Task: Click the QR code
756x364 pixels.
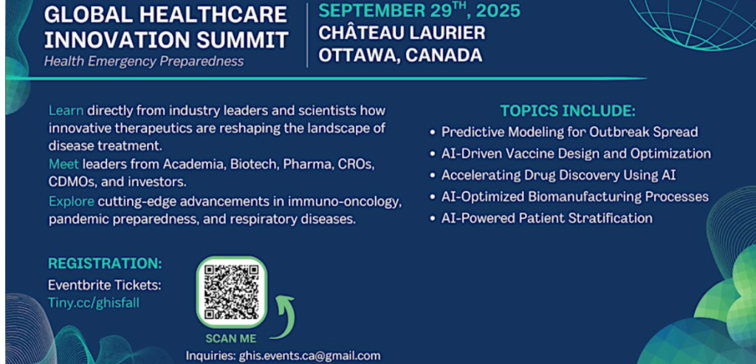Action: click(x=231, y=292)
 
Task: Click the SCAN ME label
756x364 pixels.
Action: click(x=231, y=338)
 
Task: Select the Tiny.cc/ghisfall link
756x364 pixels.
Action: click(x=94, y=302)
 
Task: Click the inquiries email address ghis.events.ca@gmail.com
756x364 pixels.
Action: click(x=309, y=356)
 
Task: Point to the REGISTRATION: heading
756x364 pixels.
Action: click(x=105, y=264)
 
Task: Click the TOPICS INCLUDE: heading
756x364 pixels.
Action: click(x=568, y=111)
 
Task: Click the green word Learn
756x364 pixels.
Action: click(x=66, y=111)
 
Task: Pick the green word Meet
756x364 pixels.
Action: click(x=63, y=165)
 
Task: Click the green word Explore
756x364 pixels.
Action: click(x=72, y=201)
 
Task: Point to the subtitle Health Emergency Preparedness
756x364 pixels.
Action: click(x=144, y=61)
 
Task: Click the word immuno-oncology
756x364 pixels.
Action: click(x=360, y=201)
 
